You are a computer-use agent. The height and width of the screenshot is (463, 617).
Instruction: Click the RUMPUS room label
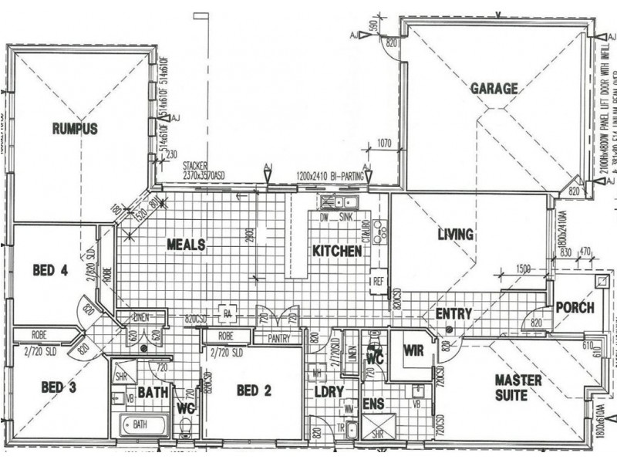coord(75,129)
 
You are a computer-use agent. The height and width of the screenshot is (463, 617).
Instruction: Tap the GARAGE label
coord(494,89)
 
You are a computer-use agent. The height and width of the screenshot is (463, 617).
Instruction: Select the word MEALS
coord(186,245)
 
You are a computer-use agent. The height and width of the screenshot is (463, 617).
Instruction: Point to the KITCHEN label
coord(336,252)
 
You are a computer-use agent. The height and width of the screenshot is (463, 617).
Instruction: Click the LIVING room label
coord(455,235)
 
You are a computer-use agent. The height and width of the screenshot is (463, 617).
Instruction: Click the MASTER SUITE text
coord(518,388)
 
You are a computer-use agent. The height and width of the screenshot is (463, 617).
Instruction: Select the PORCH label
coord(575,308)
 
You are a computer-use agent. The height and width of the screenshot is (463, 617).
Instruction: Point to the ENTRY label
coord(453,314)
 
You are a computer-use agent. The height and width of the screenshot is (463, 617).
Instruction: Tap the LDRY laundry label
coord(329,392)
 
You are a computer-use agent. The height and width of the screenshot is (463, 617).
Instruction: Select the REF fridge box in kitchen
coord(379,281)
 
